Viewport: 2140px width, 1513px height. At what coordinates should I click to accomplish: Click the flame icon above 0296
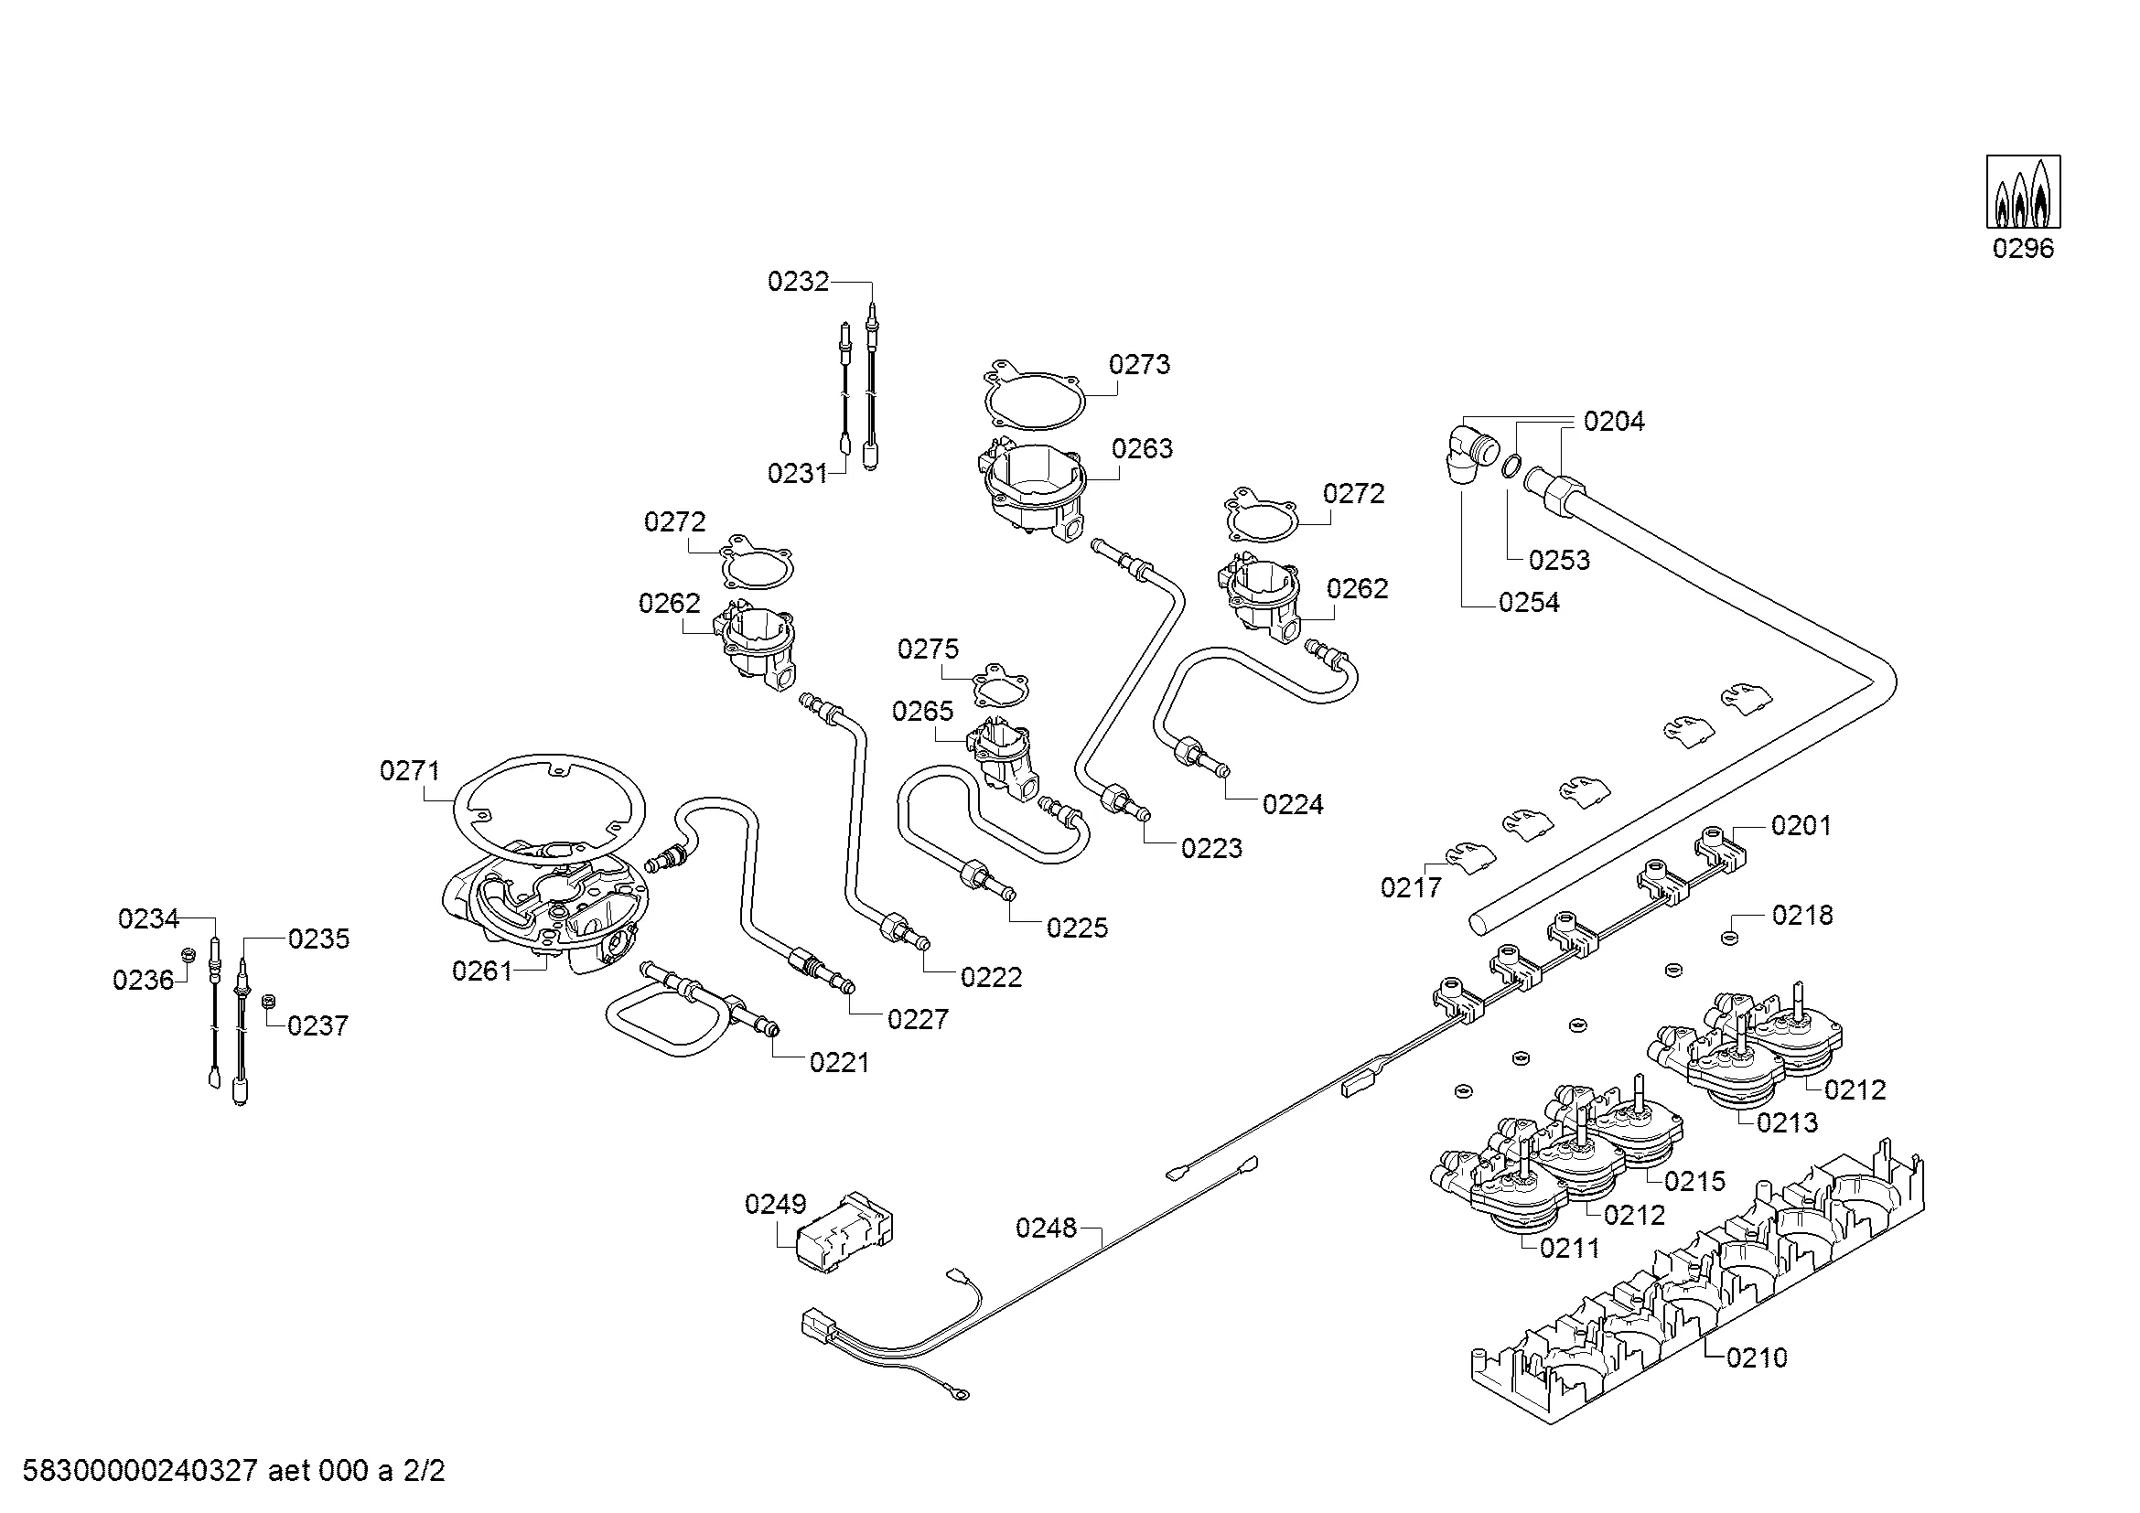click(x=2023, y=192)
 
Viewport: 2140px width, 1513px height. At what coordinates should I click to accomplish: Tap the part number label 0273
click(x=1139, y=364)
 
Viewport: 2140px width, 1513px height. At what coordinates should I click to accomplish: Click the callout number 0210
click(x=1757, y=1357)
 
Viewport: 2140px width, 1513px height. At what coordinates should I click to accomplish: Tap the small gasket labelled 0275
click(x=998, y=686)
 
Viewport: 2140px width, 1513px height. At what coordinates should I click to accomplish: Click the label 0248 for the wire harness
click(x=1046, y=1228)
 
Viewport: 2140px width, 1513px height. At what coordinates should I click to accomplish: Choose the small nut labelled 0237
click(x=267, y=1001)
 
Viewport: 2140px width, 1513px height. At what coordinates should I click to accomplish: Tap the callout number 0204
click(x=1614, y=422)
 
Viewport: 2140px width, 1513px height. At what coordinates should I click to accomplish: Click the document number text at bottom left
click(x=233, y=1471)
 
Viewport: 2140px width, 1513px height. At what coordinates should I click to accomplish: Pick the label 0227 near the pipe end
click(x=917, y=1019)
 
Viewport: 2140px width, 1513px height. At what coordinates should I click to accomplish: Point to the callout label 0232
click(x=798, y=282)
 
